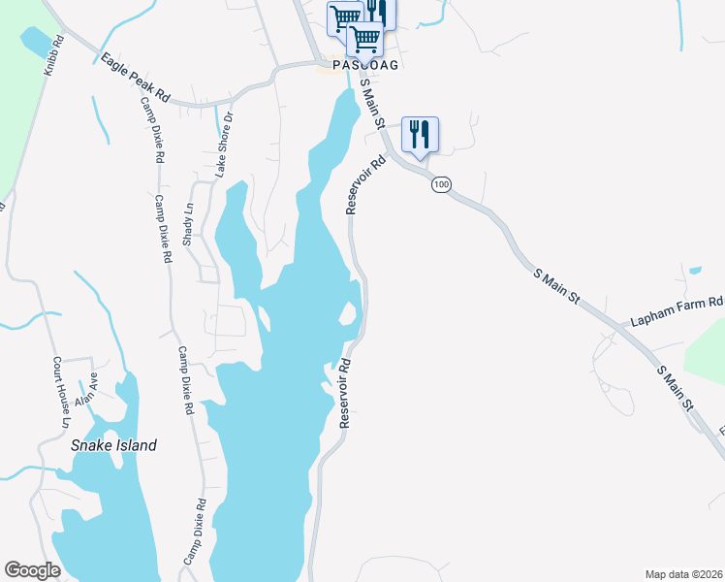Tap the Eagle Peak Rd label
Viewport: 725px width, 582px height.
136,79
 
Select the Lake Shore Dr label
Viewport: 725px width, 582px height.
225,143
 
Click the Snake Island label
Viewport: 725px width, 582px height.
113,445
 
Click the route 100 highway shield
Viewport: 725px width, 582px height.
442,184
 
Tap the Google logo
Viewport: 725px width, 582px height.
32,570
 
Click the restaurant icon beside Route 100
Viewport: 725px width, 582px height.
420,134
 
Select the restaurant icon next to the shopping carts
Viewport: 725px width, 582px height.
378,12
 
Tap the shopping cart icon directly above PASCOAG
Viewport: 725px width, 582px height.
364,39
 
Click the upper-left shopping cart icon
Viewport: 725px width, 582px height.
344,16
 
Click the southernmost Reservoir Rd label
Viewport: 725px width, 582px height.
344,394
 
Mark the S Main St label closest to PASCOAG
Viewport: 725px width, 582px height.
373,104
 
